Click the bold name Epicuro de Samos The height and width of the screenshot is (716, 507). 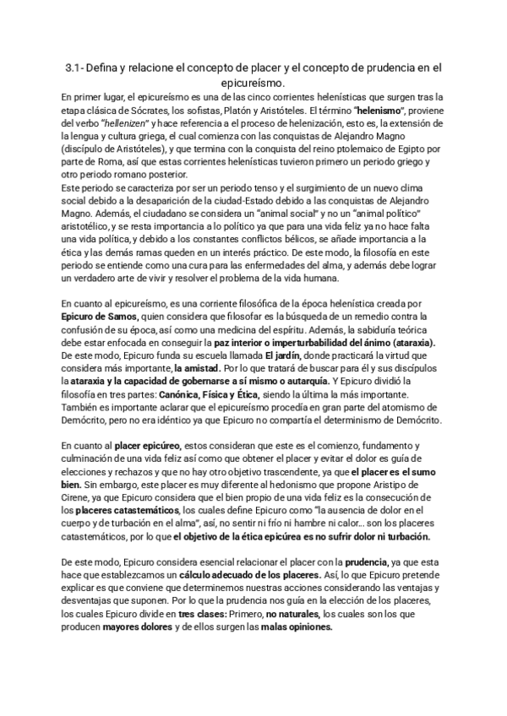98,316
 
